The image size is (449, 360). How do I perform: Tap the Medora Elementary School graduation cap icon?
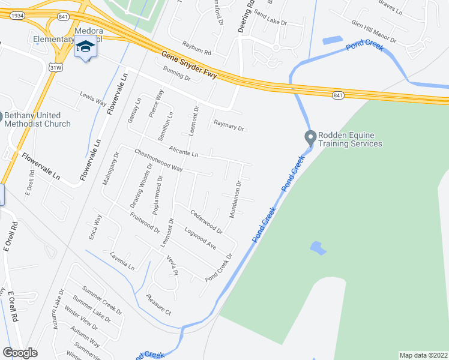85,47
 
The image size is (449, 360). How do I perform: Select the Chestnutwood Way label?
158,160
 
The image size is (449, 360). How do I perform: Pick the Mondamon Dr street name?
235,199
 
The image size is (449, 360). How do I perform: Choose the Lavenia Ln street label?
122,260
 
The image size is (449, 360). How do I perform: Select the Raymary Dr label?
229,127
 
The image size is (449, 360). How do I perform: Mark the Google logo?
20,353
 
